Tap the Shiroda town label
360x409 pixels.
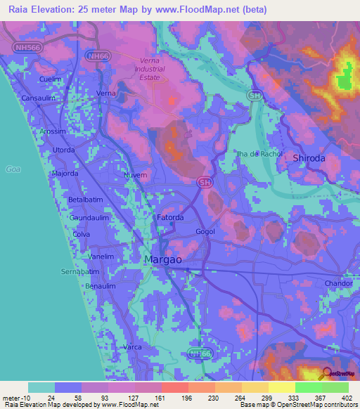click(309, 159)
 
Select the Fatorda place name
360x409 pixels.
click(170, 218)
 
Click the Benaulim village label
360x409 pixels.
click(100, 287)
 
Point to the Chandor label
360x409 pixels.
click(337, 283)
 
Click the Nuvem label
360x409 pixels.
click(135, 175)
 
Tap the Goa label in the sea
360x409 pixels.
click(13, 169)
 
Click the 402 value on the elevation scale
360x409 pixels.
click(346, 397)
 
